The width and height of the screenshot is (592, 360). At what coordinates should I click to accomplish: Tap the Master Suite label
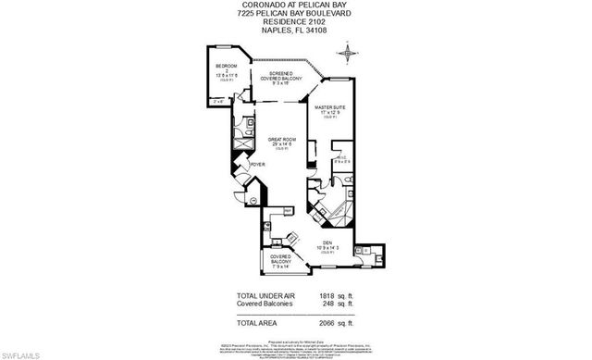[329, 108]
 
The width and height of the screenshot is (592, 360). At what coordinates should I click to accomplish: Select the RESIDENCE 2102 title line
[295, 21]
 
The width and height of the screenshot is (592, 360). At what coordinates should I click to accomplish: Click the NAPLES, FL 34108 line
[295, 30]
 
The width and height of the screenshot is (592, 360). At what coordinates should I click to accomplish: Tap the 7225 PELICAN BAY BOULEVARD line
[295, 13]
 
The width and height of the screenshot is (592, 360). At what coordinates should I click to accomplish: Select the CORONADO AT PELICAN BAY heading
[295, 5]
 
